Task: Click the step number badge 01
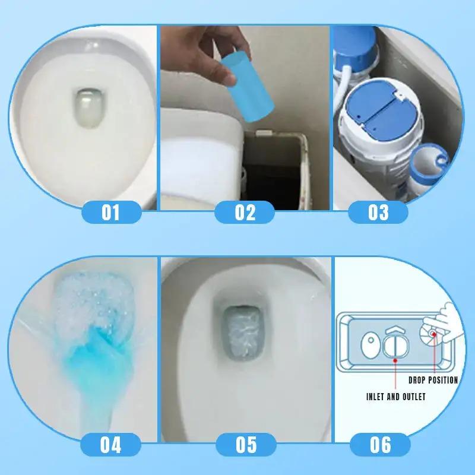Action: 110,212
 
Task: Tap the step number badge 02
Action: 245,212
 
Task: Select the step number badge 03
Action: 378,212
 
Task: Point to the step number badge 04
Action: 110,444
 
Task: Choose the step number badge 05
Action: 245,444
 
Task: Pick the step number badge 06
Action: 378,444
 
